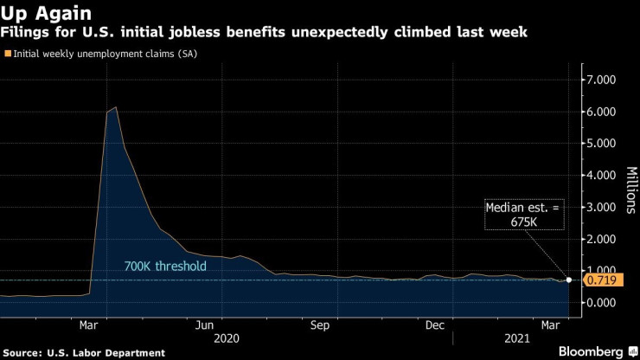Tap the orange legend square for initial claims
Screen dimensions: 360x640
[x=8, y=55]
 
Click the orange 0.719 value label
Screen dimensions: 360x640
[x=601, y=280]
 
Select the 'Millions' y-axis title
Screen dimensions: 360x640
[x=630, y=190]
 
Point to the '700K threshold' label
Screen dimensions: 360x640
[x=164, y=266]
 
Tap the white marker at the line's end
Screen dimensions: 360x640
[x=569, y=280]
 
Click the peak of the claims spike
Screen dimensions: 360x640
[x=116, y=107]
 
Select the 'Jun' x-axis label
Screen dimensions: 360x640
[x=204, y=325]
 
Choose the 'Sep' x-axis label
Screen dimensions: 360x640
[x=320, y=325]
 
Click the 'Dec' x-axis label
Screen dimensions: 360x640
[x=435, y=325]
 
